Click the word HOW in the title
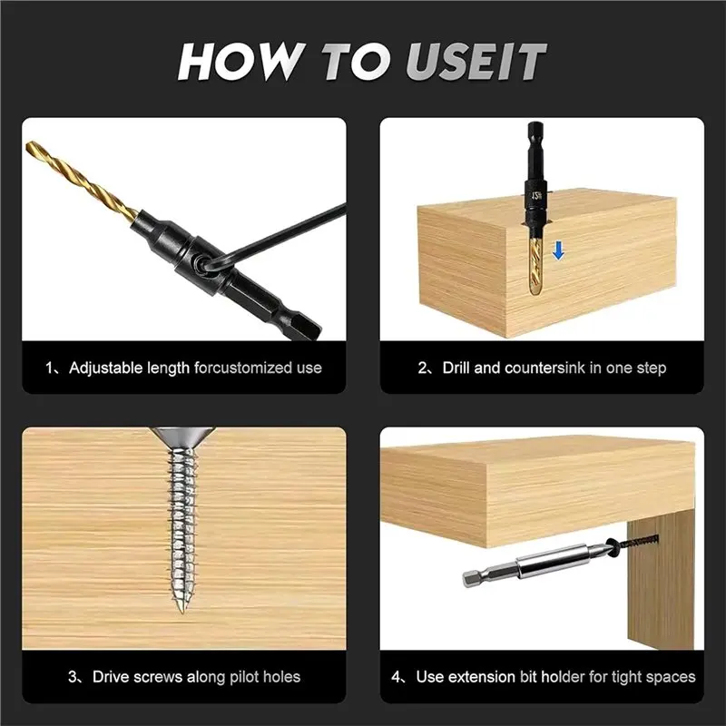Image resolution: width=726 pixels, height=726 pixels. coord(240,61)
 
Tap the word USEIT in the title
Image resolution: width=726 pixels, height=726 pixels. coord(476,62)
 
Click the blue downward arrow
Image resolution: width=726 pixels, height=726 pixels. coord(559,250)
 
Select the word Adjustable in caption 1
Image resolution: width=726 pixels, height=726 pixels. coord(105,368)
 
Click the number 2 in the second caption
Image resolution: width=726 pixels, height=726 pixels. coord(422,368)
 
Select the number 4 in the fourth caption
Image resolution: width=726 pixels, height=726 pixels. coord(396,677)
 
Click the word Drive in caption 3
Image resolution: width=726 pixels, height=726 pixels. coord(112,677)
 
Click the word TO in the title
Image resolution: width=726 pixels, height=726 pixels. coord(355,62)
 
